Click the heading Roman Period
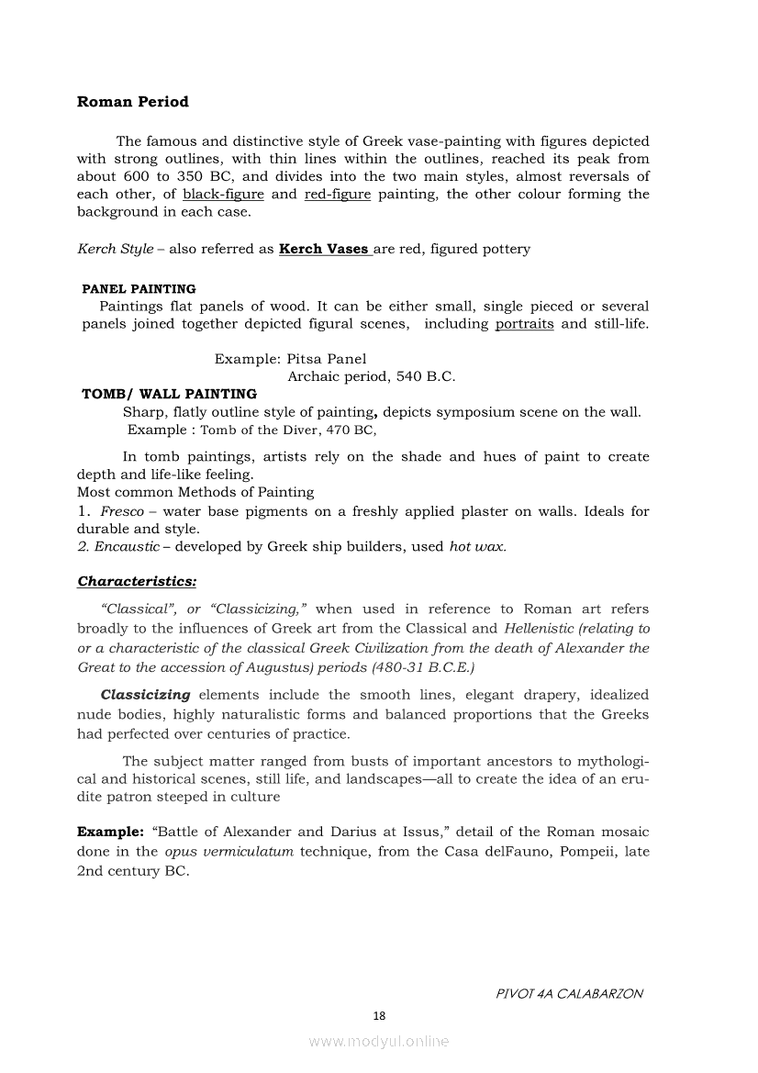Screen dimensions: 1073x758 133,102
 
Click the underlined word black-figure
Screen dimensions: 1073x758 223,195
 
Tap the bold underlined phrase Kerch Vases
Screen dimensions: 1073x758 325,249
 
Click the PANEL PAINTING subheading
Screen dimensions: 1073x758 139,289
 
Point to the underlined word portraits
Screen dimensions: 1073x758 524,324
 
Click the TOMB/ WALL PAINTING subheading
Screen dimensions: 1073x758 169,394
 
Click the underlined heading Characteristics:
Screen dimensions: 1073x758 137,581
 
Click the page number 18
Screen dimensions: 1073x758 379,1015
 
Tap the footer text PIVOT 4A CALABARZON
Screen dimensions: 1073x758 569,993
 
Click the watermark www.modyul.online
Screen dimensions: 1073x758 379,1041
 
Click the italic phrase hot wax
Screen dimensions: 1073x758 477,546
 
